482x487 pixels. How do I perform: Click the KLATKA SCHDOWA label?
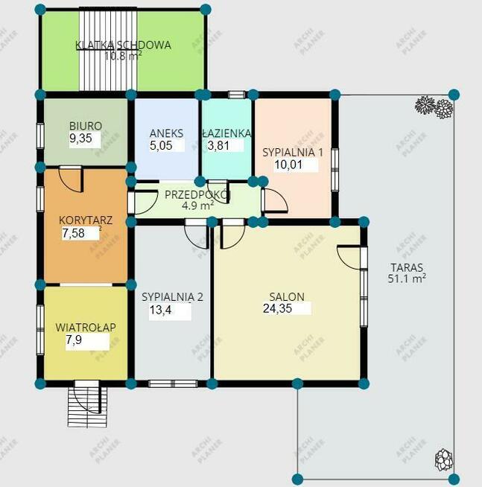coord(123,45)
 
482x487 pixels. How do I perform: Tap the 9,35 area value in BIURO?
coord(80,139)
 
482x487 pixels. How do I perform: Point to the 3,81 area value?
coord(218,145)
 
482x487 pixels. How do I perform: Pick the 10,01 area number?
coord(288,165)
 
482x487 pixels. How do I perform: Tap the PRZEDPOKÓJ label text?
coord(197,195)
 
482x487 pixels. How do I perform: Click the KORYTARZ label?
coord(86,220)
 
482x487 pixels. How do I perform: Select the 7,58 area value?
coord(73,233)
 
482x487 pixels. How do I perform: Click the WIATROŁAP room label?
coord(86,328)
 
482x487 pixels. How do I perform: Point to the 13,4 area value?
coord(160,310)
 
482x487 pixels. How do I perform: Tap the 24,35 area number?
coord(278,308)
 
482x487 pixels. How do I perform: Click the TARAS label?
coord(407,267)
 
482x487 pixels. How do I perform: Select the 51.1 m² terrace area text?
coord(407,278)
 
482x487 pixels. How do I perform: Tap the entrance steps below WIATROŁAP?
coord(87,404)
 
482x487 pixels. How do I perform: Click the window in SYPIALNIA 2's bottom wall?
coord(173,384)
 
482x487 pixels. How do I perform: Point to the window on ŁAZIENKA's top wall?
coord(236,95)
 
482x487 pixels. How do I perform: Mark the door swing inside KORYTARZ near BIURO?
coord(72,179)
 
